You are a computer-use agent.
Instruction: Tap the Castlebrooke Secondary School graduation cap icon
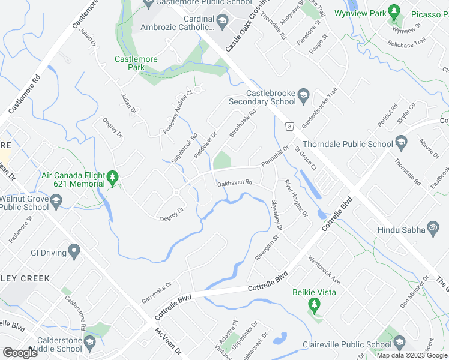coord(304,94)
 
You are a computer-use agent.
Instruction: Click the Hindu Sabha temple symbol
coord(430,229)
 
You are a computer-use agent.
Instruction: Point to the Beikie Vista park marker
coord(313,305)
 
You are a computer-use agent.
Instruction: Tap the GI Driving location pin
coord(74,252)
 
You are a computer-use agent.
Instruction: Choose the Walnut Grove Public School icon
coord(56,202)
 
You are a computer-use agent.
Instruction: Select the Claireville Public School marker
coord(399,344)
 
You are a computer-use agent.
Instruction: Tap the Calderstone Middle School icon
coord(90,343)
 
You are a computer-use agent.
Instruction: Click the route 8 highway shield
coord(289,127)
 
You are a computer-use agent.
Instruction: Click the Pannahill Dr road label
coord(275,156)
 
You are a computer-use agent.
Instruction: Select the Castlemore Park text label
coord(130,63)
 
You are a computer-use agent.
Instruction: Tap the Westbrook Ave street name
coord(324,270)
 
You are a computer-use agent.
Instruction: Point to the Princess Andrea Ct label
coord(177,112)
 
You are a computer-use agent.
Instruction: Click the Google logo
coord(20,353)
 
